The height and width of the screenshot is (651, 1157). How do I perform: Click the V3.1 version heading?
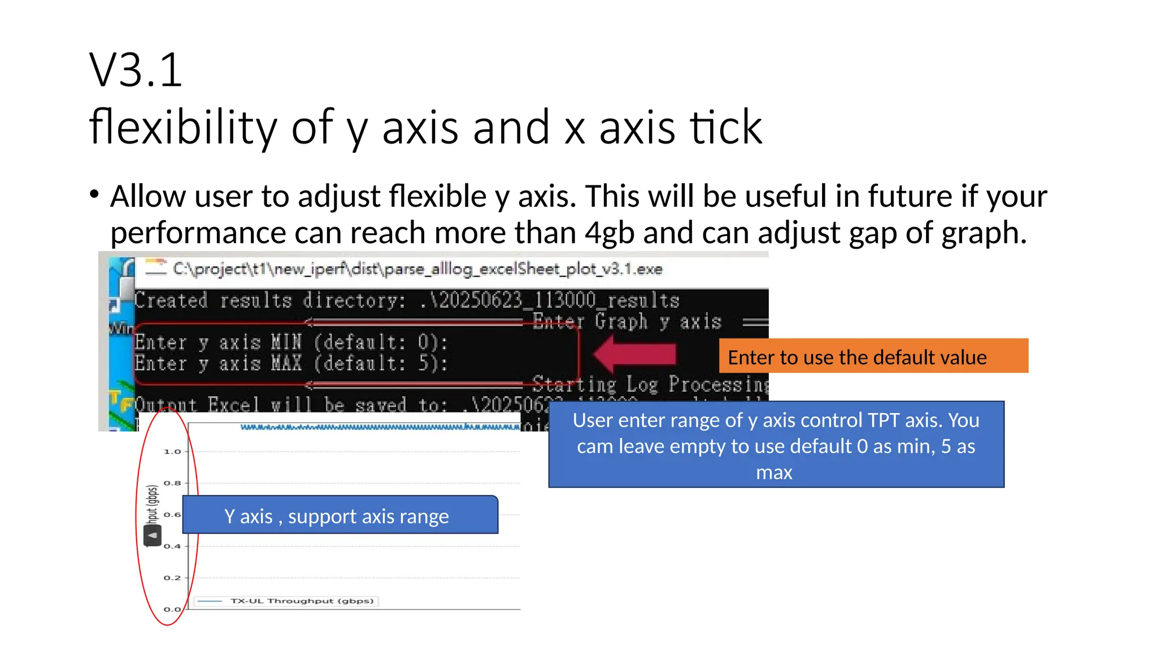(136, 70)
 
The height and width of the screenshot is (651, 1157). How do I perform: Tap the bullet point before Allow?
(94, 194)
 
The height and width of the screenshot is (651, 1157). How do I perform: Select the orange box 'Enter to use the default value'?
(873, 356)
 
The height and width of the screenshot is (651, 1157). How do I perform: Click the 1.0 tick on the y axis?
(172, 452)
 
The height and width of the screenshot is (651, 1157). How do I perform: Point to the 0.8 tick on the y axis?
(172, 483)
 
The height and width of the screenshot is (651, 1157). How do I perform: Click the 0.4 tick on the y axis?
(172, 546)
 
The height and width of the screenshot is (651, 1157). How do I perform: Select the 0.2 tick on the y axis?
(172, 578)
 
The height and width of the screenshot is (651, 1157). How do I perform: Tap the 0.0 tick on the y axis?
(172, 609)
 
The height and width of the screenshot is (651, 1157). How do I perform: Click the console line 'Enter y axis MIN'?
(291, 342)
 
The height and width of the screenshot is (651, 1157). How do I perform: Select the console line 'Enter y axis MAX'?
(291, 363)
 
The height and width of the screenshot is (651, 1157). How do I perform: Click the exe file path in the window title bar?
(417, 269)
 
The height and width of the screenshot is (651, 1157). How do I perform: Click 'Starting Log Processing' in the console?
(650, 385)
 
